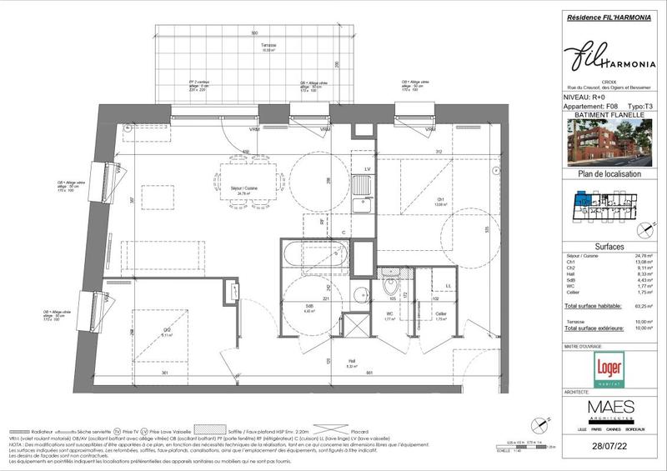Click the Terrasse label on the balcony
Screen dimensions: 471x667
(x=268, y=46)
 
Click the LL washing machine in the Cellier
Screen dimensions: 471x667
(x=449, y=287)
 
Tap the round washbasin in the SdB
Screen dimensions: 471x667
(x=360, y=293)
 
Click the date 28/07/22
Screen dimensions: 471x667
(x=612, y=448)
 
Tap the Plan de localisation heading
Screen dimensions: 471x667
(x=611, y=174)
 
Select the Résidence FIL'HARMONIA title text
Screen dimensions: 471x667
(x=611, y=17)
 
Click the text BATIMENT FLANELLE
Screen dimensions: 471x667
(x=611, y=116)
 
